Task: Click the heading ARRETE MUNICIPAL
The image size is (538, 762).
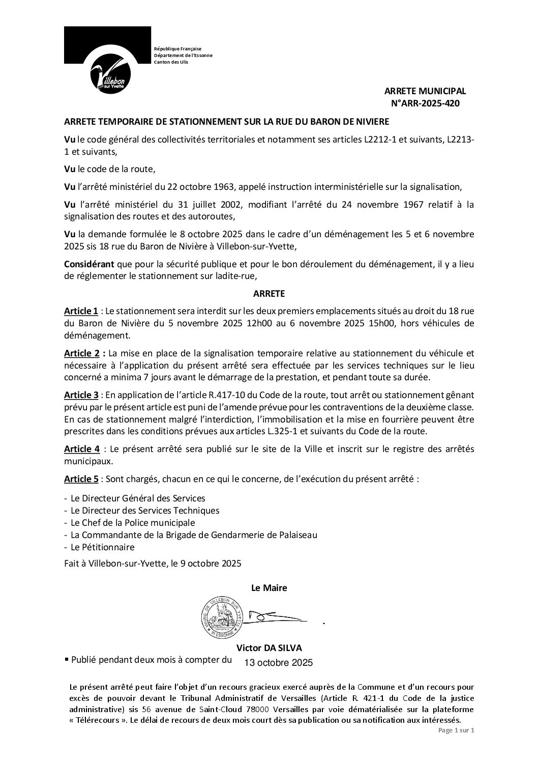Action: (425, 91)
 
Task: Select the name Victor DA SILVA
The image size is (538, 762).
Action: (269, 648)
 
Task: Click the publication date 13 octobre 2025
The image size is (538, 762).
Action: (278, 663)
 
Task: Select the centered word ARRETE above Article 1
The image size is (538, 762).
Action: (269, 294)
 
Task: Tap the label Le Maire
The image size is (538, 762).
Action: (269, 588)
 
